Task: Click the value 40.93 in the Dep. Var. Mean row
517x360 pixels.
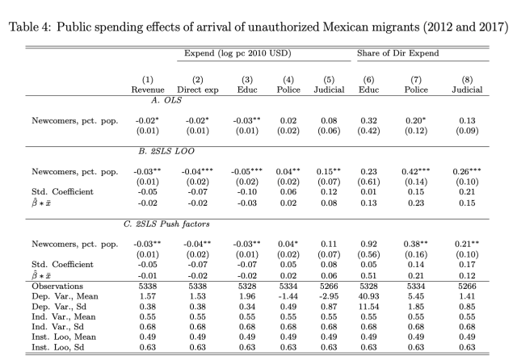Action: pos(369,295)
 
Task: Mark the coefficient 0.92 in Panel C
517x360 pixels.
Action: pos(369,242)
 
